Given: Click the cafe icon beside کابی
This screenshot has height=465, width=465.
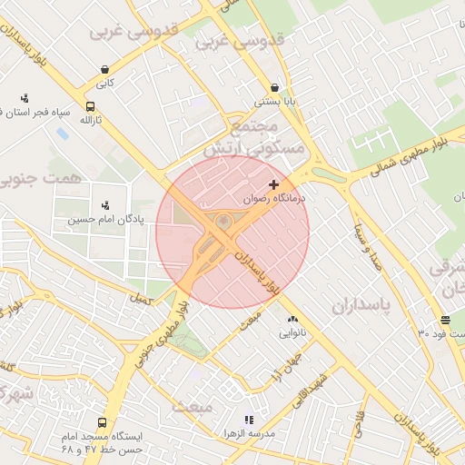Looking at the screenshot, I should click(105, 69).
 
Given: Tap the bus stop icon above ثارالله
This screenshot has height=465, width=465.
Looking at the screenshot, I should click(90, 106).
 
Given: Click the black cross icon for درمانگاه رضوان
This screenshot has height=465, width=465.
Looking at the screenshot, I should click(273, 184).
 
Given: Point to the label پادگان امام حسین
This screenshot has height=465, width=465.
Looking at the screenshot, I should click(104, 219).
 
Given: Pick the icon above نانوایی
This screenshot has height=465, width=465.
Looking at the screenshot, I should click(292, 320).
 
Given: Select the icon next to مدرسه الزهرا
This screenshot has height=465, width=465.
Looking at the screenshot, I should click(249, 420).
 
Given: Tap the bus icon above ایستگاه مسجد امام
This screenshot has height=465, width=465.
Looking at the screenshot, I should click(102, 422).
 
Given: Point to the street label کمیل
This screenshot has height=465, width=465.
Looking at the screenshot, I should click(140, 298).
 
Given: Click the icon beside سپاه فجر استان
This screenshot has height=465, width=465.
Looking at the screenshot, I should click(24, 98).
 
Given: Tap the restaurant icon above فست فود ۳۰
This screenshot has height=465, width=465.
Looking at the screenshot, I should click(445, 320).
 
